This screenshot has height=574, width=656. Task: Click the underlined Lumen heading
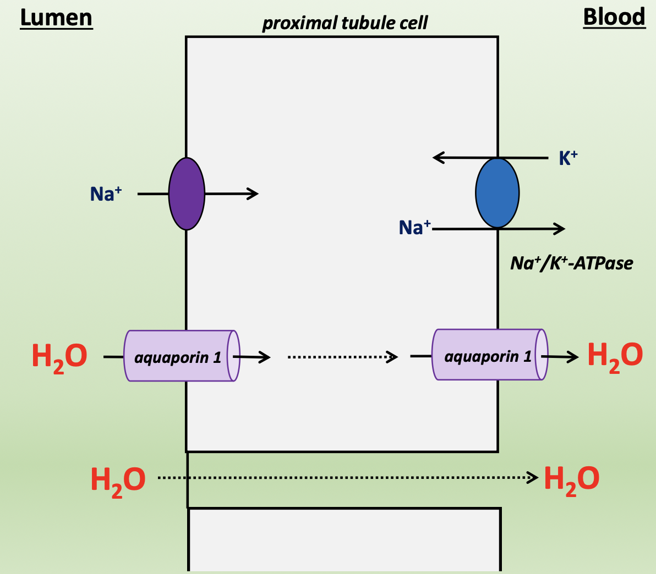pyautogui.click(x=56, y=18)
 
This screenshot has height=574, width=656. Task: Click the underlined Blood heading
pyautogui.click(x=614, y=17)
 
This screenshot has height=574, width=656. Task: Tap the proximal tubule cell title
pyautogui.click(x=345, y=23)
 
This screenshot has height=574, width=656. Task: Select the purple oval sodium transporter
pyautogui.click(x=187, y=194)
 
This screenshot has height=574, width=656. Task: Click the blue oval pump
pyautogui.click(x=497, y=193)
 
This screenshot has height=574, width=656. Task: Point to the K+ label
pyautogui.click(x=568, y=158)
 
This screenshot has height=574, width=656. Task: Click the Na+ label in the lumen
pyautogui.click(x=106, y=194)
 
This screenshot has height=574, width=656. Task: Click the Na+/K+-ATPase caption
pyautogui.click(x=571, y=263)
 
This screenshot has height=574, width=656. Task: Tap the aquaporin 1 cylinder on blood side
pyautogui.click(x=489, y=355)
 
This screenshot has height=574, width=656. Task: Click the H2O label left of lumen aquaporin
pyautogui.click(x=59, y=356)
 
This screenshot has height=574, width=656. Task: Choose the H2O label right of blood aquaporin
pyautogui.click(x=615, y=355)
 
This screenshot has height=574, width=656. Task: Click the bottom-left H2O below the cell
pyautogui.click(x=118, y=479)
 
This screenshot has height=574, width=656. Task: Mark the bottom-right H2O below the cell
pyautogui.click(x=571, y=479)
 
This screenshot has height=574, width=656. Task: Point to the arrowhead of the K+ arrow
pyautogui.click(x=438, y=158)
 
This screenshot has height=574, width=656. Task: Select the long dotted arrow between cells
pyautogui.click(x=347, y=478)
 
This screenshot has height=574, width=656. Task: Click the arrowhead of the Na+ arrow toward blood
pyautogui.click(x=561, y=229)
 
